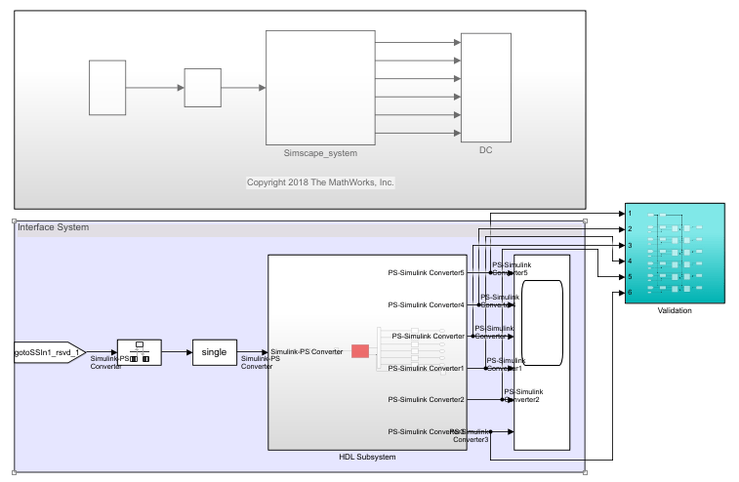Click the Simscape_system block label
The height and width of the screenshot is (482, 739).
click(320, 153)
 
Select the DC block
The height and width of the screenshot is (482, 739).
click(485, 86)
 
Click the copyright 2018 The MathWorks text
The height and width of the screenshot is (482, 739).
click(319, 182)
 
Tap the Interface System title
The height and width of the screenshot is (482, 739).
click(53, 227)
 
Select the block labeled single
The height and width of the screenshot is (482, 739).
click(213, 352)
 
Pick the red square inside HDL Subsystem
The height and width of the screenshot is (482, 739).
click(360, 351)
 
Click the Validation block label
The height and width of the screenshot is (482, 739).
click(675, 310)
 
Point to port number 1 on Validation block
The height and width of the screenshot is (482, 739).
click(631, 213)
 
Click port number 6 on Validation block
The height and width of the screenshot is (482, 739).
click(631, 292)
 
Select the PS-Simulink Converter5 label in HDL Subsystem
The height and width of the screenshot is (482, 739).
click(426, 272)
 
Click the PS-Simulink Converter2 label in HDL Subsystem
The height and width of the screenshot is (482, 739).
click(426, 400)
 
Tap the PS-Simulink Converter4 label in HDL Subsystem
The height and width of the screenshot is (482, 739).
click(426, 304)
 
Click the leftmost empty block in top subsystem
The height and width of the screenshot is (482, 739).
click(107, 87)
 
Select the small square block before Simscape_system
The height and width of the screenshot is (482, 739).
click(202, 87)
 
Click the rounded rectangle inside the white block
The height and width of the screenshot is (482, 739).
click(543, 322)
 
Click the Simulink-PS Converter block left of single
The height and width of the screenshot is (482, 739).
click(139, 352)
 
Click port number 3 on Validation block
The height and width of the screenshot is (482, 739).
click(631, 245)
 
